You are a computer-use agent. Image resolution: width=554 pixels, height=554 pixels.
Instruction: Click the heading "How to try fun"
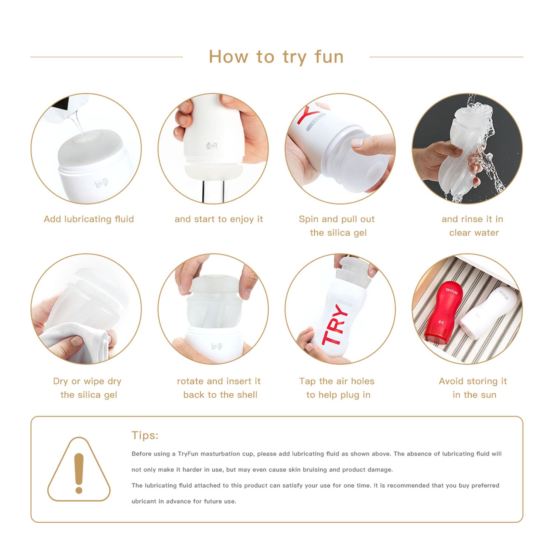click(x=276, y=57)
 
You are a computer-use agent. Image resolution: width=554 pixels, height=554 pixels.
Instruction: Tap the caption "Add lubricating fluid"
click(x=89, y=219)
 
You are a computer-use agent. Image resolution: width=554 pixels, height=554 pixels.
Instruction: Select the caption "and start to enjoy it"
click(x=219, y=219)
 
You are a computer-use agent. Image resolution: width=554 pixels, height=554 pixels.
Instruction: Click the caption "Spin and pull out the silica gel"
click(x=337, y=226)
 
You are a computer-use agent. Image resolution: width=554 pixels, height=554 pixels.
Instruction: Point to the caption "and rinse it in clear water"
click(x=473, y=226)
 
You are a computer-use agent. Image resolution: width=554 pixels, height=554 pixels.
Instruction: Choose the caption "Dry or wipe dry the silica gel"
click(x=88, y=388)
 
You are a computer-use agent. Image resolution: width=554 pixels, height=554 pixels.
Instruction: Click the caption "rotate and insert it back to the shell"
click(x=219, y=388)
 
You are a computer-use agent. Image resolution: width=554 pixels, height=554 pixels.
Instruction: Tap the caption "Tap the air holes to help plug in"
click(x=337, y=388)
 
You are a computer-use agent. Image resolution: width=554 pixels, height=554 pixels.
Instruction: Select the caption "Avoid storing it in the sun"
click(x=473, y=388)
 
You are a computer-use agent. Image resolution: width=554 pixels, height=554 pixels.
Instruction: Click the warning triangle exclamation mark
click(x=79, y=473)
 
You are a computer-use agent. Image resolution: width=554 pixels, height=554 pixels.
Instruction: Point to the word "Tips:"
click(x=145, y=435)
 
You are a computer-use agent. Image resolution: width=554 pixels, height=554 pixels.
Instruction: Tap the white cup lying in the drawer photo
click(x=487, y=312)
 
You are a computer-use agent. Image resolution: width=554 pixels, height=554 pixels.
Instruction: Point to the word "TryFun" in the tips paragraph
click(x=188, y=454)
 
